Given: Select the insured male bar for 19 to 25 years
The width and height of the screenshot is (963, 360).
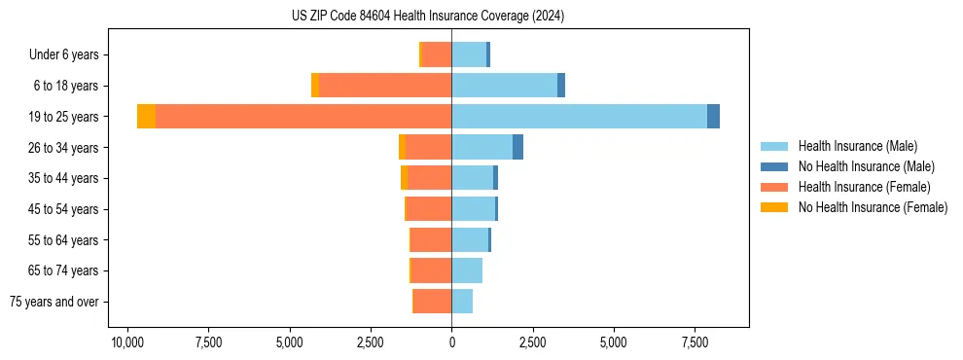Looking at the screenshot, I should click(x=579, y=116).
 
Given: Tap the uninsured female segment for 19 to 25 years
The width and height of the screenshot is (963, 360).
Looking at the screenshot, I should click(x=146, y=116).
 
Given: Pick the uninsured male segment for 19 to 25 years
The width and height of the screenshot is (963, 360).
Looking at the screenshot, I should click(x=713, y=116).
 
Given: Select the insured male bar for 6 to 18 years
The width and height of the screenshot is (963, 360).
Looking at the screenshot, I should click(x=504, y=86).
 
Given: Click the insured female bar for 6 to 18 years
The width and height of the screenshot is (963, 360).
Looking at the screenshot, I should click(x=385, y=86).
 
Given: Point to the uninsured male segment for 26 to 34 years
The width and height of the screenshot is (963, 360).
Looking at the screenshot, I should click(x=517, y=147).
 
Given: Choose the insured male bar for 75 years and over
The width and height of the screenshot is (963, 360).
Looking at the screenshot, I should click(x=462, y=302).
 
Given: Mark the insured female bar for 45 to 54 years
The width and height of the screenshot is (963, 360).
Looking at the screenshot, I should click(x=429, y=208).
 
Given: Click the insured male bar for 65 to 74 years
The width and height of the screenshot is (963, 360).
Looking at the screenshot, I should click(x=467, y=270).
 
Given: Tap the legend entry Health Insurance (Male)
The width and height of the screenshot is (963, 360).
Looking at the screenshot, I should click(x=857, y=146).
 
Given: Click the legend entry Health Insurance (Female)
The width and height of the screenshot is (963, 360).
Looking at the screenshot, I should click(x=864, y=187).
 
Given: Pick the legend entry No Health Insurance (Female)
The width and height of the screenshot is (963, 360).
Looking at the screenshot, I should click(x=873, y=207).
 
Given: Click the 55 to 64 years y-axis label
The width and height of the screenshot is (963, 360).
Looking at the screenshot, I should click(x=64, y=240).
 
